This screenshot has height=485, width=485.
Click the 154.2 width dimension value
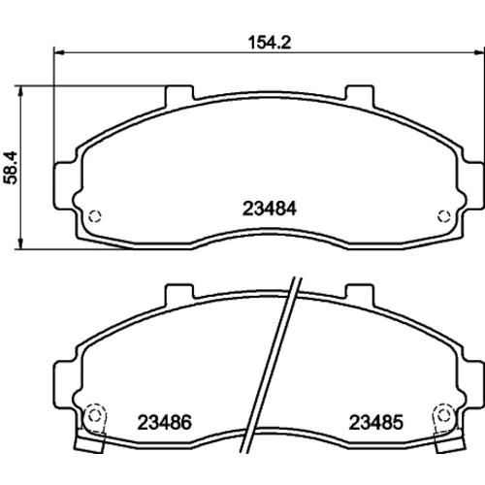(x=270, y=43)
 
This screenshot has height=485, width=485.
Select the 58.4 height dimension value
(x=11, y=168)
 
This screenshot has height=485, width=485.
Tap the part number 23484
(x=270, y=209)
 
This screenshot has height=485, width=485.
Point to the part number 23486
(x=165, y=422)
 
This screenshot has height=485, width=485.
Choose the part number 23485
(x=376, y=422)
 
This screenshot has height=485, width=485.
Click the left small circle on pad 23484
(x=95, y=216)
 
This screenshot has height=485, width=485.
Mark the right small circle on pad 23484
(x=444, y=216)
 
